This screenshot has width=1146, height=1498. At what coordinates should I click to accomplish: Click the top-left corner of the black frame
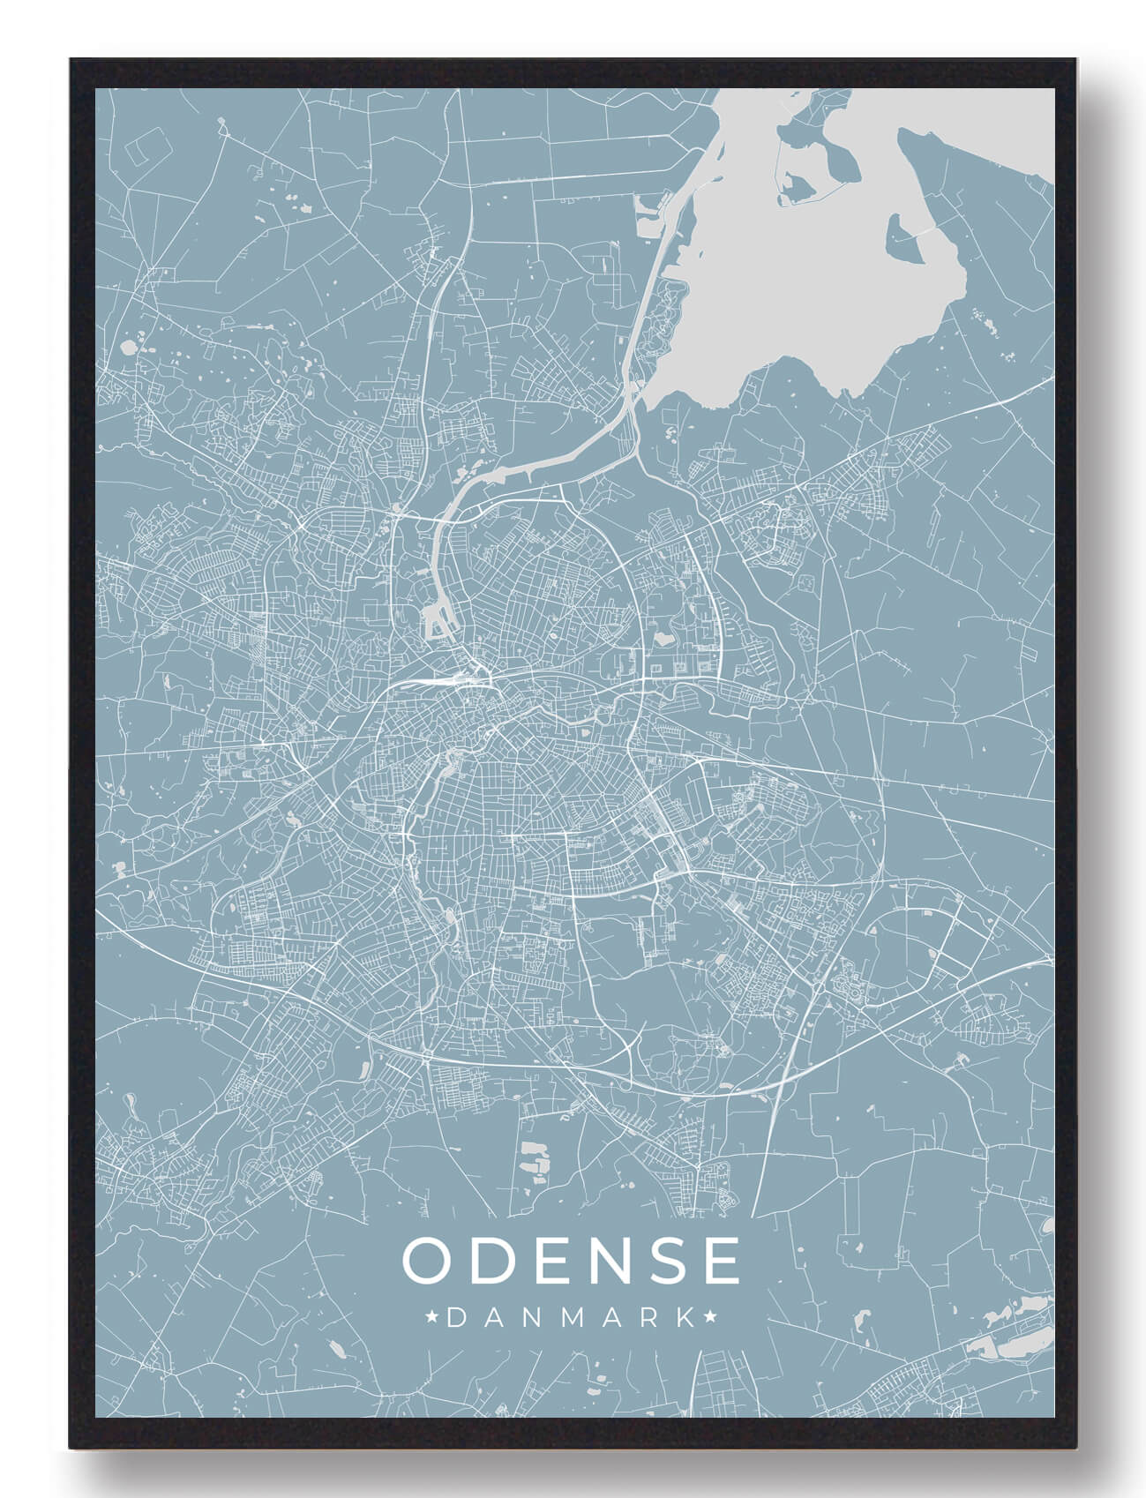71,60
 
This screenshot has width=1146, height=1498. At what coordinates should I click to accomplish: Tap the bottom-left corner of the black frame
71,1447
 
